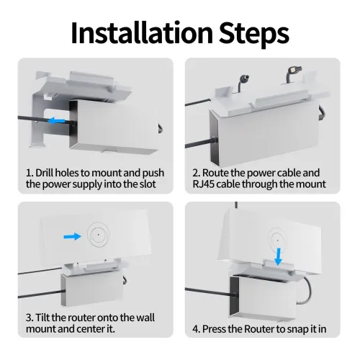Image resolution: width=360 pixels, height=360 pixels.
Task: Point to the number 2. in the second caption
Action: (195, 173)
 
